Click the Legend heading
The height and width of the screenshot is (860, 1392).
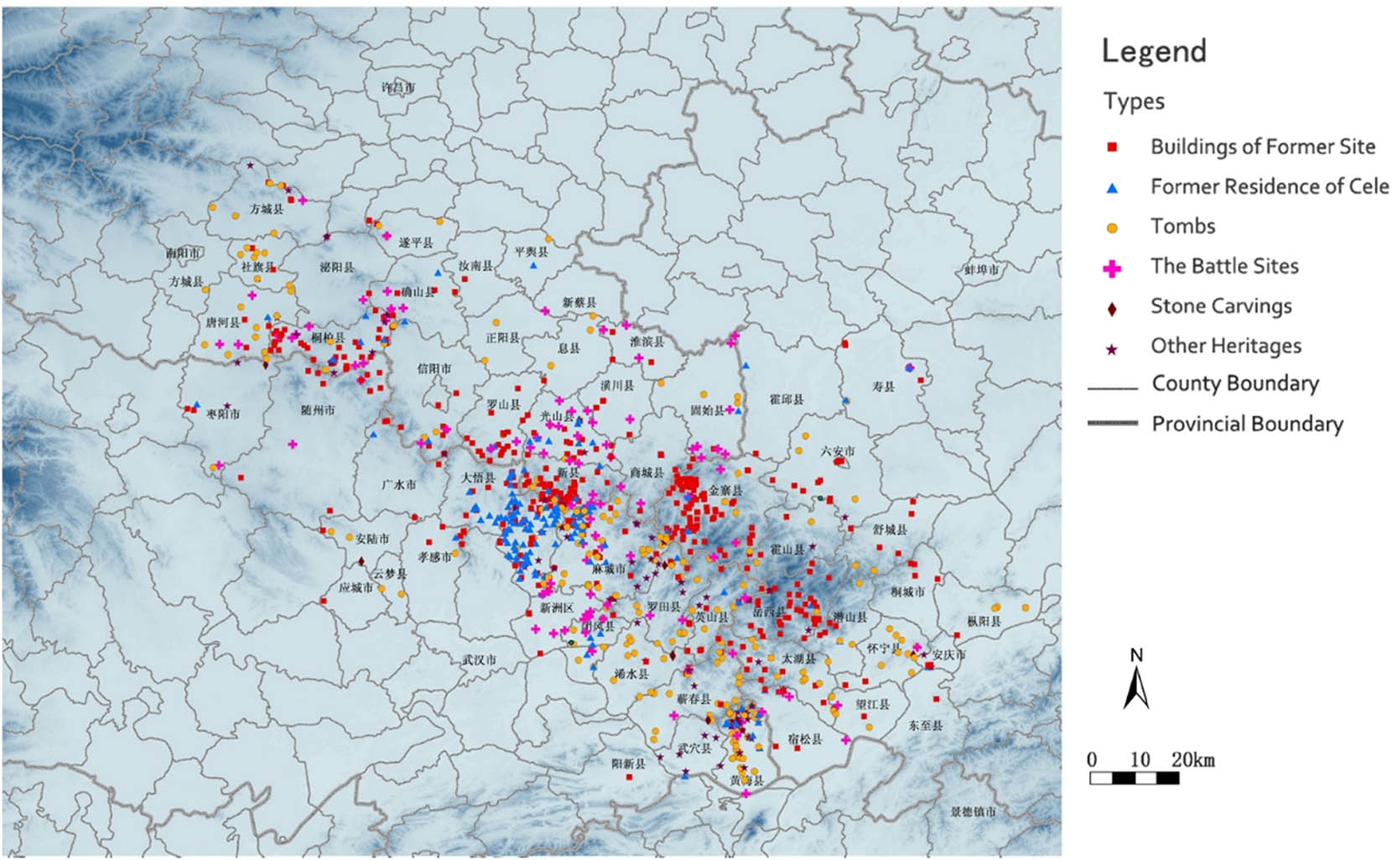pyautogui.click(x=1153, y=51)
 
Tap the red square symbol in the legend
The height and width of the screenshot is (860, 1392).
pyautogui.click(x=1112, y=147)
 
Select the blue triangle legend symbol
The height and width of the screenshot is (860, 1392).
pyautogui.click(x=1112, y=188)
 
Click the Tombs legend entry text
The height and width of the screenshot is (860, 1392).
pyautogui.click(x=1182, y=227)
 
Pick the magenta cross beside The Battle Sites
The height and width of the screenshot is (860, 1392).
pyautogui.click(x=1112, y=268)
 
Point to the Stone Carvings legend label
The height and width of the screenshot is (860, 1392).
pyautogui.click(x=1220, y=306)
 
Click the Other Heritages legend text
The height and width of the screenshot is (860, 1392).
pyautogui.click(x=1225, y=346)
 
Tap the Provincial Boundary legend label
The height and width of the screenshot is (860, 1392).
pyautogui.click(x=1247, y=424)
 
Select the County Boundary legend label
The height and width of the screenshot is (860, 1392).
pyautogui.click(x=1234, y=383)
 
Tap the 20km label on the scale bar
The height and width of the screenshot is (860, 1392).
pyautogui.click(x=1193, y=760)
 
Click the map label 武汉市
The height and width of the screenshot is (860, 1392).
pyautogui.click(x=479, y=660)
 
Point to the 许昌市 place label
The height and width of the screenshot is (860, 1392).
pyautogui.click(x=397, y=87)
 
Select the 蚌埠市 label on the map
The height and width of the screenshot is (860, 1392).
pyautogui.click(x=981, y=270)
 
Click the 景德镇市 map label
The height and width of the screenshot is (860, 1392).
pyautogui.click(x=973, y=811)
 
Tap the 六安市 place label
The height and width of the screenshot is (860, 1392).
pyautogui.click(x=837, y=451)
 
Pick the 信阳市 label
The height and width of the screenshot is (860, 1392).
pyautogui.click(x=434, y=368)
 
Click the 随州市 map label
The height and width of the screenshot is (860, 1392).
pyautogui.click(x=317, y=410)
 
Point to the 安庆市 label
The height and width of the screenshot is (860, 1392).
pyautogui.click(x=948, y=654)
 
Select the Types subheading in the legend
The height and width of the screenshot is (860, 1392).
pyautogui.click(x=1134, y=102)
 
